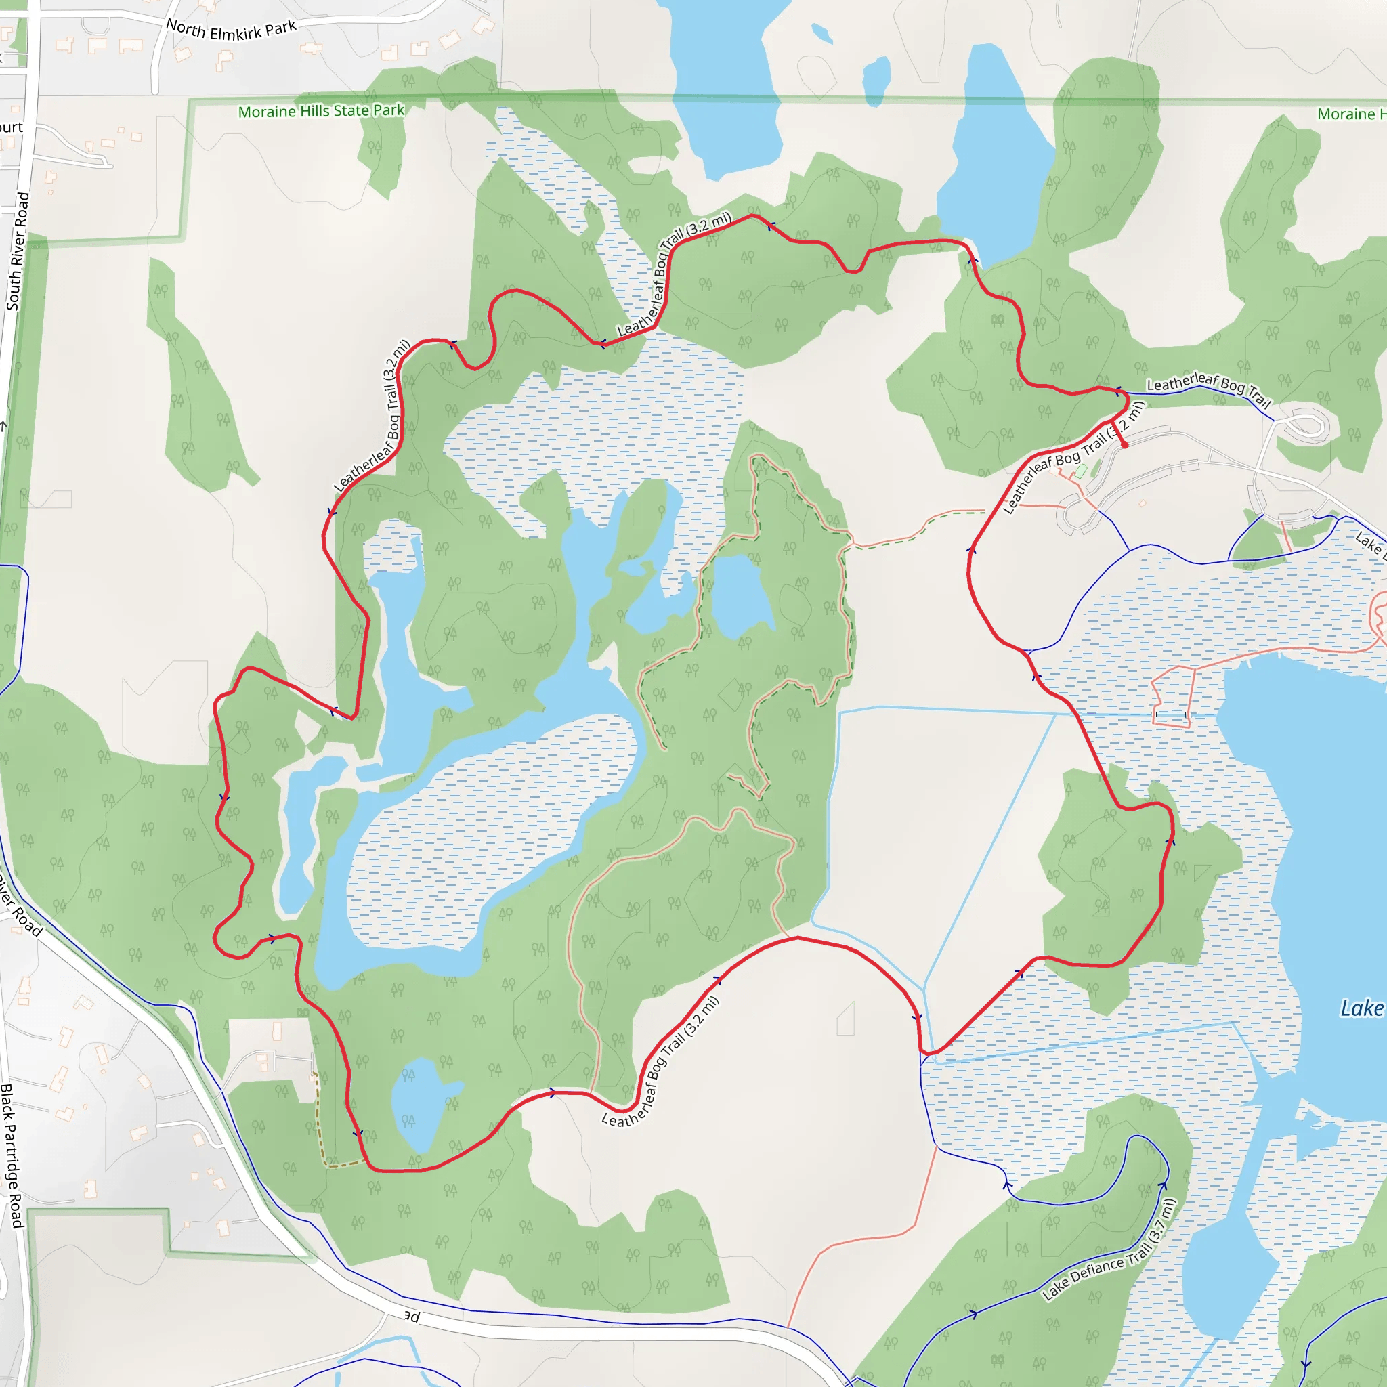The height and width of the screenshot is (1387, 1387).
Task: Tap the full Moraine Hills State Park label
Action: click(321, 111)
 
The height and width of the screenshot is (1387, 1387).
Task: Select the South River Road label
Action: click(18, 251)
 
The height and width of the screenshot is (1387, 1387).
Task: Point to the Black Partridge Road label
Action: click(12, 1155)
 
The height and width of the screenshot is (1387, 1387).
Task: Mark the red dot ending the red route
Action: click(1124, 445)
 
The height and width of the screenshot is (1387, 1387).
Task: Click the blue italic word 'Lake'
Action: click(1361, 1008)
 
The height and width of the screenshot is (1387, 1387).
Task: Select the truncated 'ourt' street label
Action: click(11, 128)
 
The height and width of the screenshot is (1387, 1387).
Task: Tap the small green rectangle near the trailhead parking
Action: click(1081, 471)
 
